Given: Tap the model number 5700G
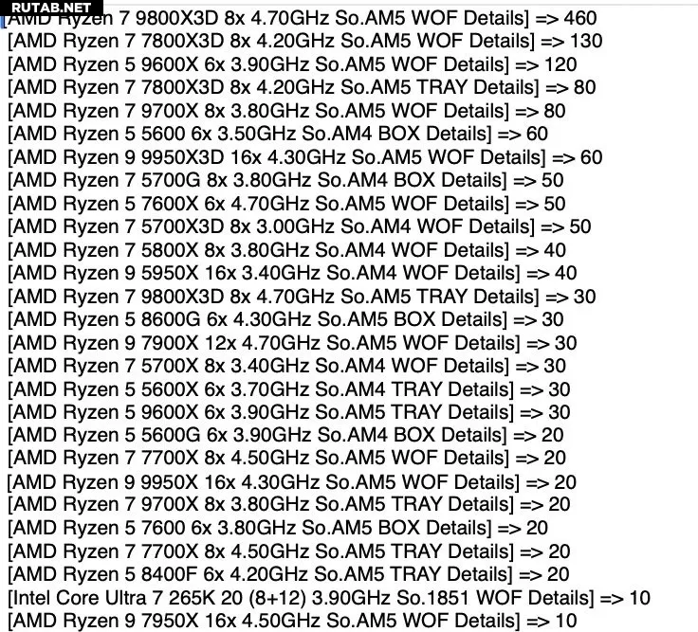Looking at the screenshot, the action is [x=171, y=180].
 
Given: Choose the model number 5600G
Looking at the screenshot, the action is [x=171, y=435].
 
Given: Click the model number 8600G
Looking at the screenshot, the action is [x=171, y=319].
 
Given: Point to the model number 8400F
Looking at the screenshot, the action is [x=169, y=574].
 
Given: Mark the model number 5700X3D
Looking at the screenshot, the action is [x=182, y=226].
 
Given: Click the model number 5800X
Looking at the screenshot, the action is [x=170, y=250].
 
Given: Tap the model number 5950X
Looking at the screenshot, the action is [x=170, y=273].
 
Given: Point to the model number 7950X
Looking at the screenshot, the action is [x=170, y=621].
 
